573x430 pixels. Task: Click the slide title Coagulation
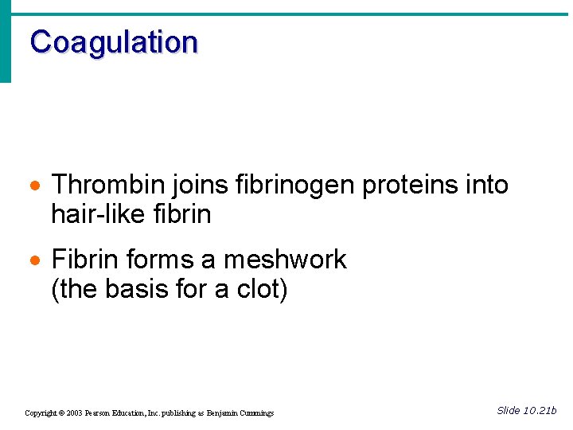coord(114,42)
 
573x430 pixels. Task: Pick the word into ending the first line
coord(486,185)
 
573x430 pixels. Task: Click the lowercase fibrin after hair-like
coord(185,214)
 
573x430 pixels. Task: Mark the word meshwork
coord(285,260)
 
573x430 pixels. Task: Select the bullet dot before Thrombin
coord(33,186)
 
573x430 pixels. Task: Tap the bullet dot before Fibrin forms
coord(33,261)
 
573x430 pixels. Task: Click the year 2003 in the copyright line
coord(74,413)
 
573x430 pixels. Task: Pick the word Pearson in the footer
coord(103,413)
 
